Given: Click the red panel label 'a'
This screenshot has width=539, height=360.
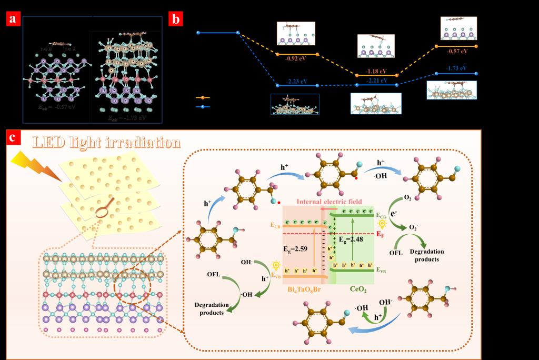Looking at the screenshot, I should click(x=13, y=20).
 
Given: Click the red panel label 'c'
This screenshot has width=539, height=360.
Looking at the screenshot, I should click(x=13, y=137).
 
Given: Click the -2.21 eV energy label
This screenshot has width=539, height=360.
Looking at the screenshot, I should click(x=376, y=81).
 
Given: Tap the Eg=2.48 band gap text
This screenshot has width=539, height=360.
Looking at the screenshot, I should click(x=351, y=239).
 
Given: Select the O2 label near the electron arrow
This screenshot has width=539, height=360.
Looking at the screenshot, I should click(x=407, y=197).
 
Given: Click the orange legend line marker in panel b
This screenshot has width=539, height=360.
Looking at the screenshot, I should click(x=203, y=97).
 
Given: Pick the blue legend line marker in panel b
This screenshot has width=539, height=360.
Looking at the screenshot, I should click(x=203, y=106).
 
